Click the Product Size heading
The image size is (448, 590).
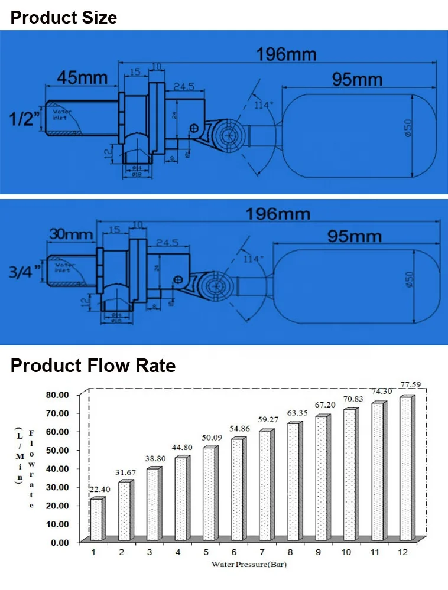64,17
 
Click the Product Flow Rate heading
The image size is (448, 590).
93,366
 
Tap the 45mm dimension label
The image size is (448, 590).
82,77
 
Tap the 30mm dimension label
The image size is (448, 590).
70,234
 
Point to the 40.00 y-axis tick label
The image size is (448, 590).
57,468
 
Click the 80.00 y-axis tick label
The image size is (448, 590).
57,395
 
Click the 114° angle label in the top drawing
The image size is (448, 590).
264,105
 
